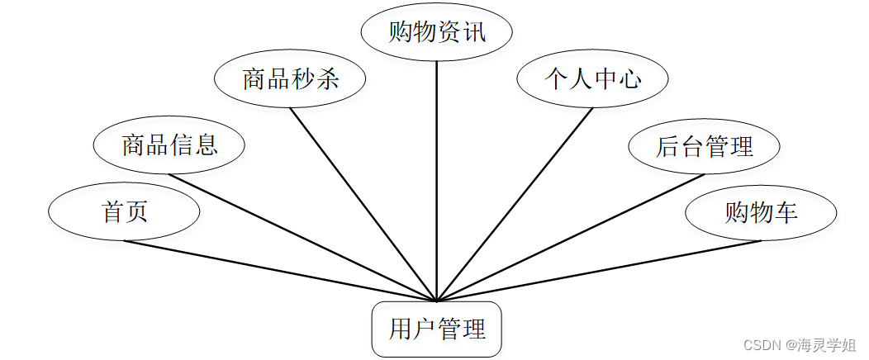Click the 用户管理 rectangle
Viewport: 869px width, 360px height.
pos(437,330)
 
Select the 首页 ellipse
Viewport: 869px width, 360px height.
pos(124,212)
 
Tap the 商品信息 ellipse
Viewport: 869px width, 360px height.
pos(169,146)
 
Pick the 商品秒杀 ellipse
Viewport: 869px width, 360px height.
pos(290,80)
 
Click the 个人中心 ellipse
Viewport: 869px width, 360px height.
pos(592,79)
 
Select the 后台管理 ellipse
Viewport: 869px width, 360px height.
pos(704,147)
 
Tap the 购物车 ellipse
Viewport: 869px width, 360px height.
pos(761,213)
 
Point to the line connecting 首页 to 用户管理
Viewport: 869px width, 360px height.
pos(281,271)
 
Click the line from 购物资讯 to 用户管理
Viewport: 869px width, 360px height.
pos(437,182)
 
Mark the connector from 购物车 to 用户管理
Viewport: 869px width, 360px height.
pos(599,271)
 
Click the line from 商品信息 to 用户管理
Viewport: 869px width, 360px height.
pos(303,238)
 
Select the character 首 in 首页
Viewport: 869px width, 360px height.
pos(112,212)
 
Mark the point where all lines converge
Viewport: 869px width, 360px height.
pos(437,301)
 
